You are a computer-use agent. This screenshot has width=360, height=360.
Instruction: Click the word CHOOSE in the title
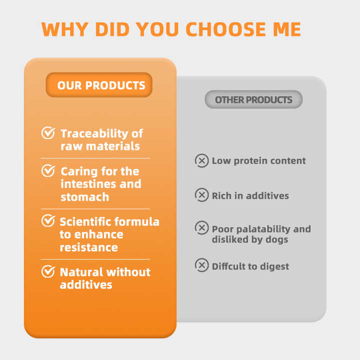point(225,29)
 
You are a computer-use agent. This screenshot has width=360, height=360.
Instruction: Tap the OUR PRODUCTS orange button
point(99,85)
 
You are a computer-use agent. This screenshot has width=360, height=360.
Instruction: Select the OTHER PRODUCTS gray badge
point(253,99)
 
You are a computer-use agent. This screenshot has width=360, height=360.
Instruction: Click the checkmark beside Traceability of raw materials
point(48,132)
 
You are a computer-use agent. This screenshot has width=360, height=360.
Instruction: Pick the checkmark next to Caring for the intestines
point(48,170)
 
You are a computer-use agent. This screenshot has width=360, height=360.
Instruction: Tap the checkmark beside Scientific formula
point(48,220)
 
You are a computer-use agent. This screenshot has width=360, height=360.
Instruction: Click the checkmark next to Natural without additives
point(48,271)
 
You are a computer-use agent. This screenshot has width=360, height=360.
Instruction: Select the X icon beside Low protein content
point(201,160)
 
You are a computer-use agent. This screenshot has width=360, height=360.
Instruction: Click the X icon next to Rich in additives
point(201,195)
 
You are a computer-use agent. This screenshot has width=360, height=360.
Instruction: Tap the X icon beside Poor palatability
point(201,228)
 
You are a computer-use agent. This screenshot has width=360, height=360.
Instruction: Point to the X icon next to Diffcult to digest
point(201,265)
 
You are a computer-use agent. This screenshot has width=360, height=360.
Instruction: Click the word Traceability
point(94,134)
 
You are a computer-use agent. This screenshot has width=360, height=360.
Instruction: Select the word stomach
point(84,197)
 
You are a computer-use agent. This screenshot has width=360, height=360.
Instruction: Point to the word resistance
point(89,247)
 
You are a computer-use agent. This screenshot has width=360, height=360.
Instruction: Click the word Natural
point(81,272)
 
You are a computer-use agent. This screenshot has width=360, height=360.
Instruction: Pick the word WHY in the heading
point(64,29)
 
